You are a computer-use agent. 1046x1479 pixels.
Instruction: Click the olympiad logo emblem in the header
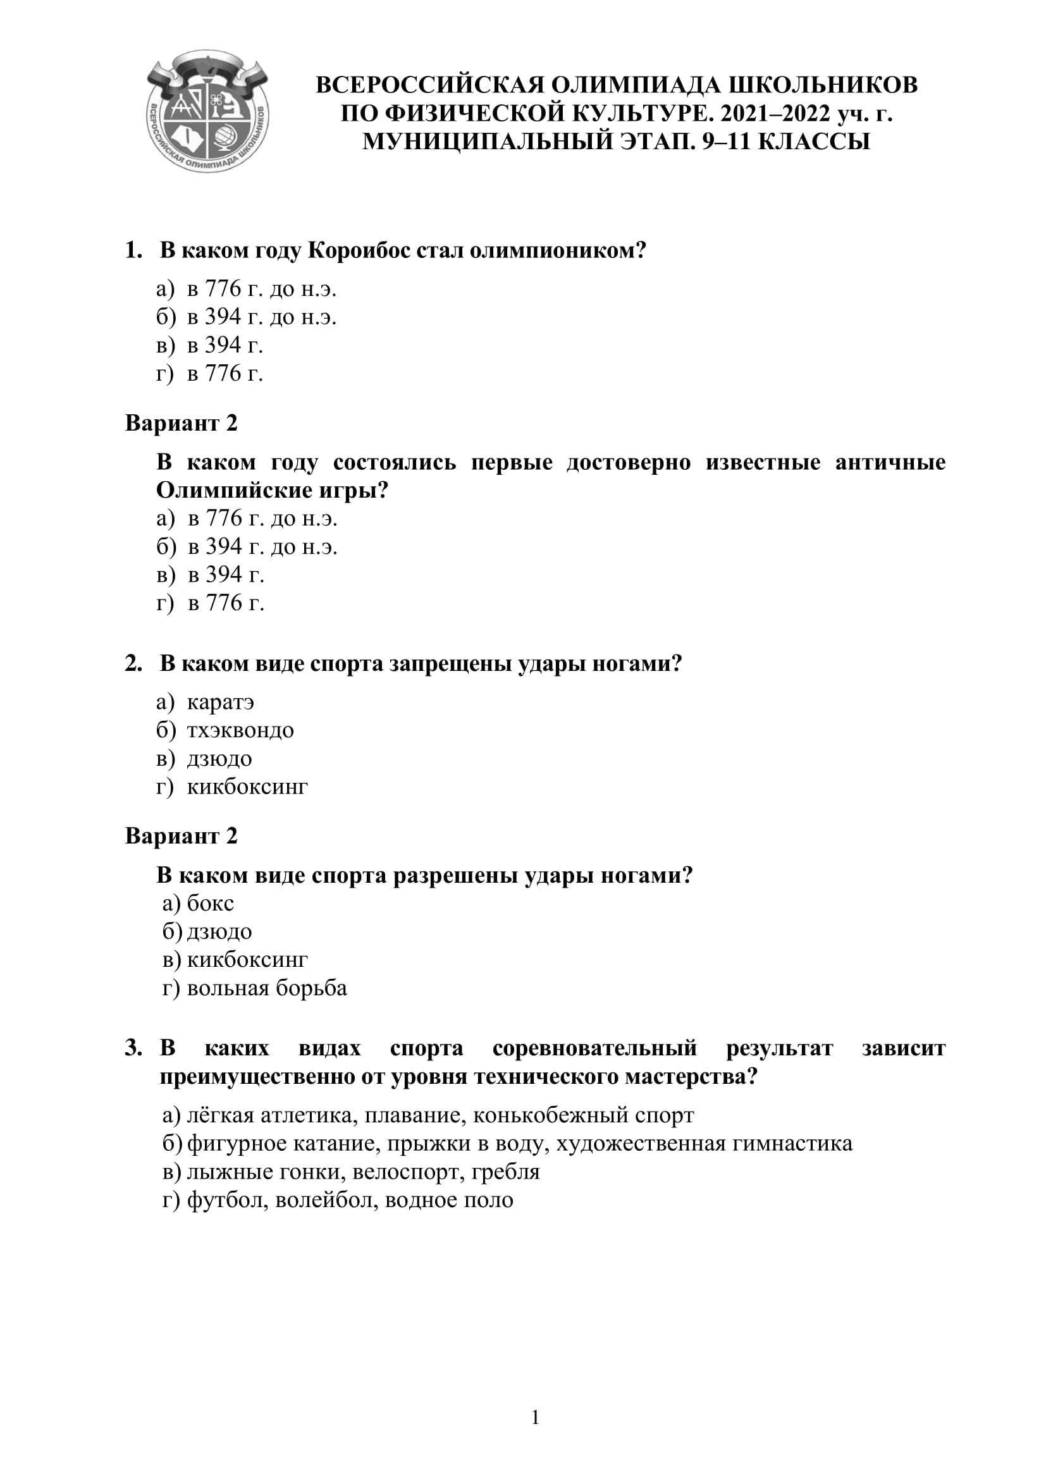click(207, 112)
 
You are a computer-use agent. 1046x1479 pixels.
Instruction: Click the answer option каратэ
click(220, 702)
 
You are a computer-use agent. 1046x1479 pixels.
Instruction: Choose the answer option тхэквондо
click(240, 730)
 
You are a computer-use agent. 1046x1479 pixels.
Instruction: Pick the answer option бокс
click(211, 904)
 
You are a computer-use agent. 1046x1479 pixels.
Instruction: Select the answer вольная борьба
click(267, 988)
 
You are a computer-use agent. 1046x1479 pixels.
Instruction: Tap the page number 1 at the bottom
click(534, 1418)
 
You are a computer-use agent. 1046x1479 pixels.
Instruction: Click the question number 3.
click(133, 1048)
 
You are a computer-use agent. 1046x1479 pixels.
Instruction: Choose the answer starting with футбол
click(350, 1200)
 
